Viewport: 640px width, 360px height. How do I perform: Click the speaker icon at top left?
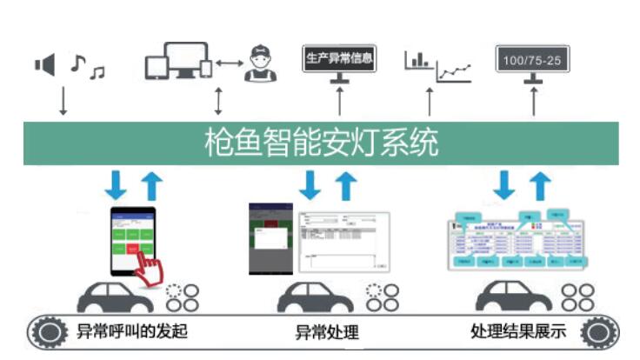[x=44, y=64]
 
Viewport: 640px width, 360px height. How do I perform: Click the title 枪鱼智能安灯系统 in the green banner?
[x=320, y=142]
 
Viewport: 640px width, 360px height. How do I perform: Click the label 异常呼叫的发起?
[x=131, y=331]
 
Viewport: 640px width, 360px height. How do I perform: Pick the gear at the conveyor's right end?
[x=597, y=331]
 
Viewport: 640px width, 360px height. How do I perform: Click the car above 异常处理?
[x=315, y=297]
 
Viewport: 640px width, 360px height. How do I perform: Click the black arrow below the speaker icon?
[x=63, y=101]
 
